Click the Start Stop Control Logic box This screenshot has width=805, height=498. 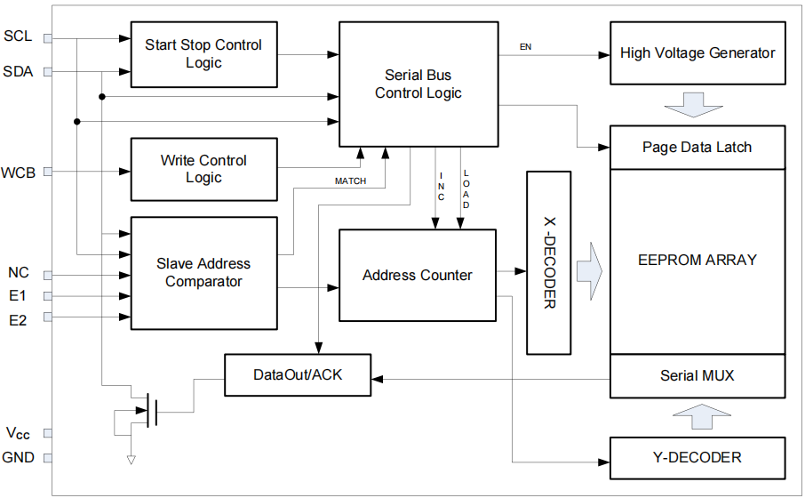pos(203,54)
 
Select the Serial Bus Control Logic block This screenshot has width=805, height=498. pos(418,84)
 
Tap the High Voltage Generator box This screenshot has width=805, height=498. pos(697,52)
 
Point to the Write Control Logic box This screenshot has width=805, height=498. pos(203,169)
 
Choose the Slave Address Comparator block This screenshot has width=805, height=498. pos(203,272)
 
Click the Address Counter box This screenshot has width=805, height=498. pos(418,275)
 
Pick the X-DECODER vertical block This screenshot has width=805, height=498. pos(549,261)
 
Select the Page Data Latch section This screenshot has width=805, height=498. pos(697,148)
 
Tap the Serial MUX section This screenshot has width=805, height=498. pos(697,375)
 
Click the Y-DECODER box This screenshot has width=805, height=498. pos(697,457)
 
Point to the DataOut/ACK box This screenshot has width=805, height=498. pos(297,375)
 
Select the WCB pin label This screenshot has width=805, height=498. pos(19,172)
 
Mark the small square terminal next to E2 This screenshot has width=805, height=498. pos(48,317)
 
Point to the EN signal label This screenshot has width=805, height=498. pos(526,45)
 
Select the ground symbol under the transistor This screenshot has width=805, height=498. pos(132,460)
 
